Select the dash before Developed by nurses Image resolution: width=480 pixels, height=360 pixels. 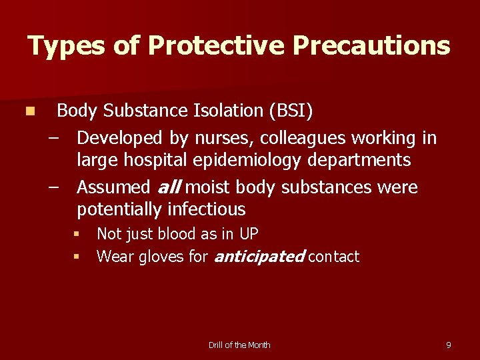pos(53,138)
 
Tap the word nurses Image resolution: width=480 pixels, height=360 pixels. pos(223,138)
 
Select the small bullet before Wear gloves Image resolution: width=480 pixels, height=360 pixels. pos(77,257)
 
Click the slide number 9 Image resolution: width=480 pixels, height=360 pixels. pos(448,345)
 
